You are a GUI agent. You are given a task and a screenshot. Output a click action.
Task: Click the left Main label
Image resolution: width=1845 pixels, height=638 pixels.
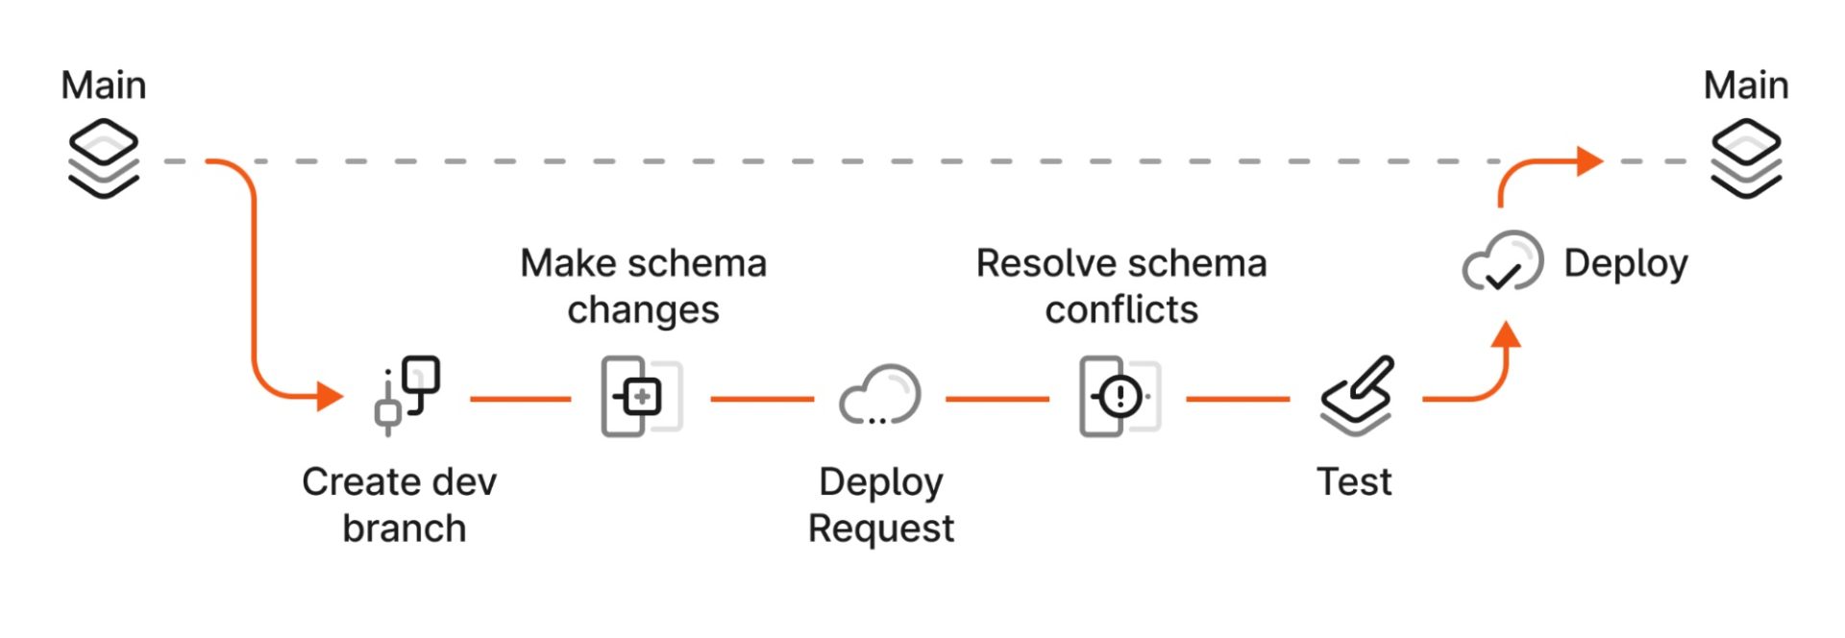(x=104, y=86)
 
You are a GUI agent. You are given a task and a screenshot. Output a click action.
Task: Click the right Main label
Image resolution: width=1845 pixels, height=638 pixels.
(x=1746, y=86)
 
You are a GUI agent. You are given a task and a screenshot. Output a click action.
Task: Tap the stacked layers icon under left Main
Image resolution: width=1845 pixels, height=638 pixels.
(x=104, y=159)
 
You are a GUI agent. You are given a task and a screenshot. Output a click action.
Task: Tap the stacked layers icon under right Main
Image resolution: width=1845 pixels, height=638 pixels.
(x=1746, y=159)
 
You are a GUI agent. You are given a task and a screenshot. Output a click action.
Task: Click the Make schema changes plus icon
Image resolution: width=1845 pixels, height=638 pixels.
(x=641, y=396)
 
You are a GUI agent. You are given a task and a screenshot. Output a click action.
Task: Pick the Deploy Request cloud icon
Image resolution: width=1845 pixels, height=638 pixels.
(x=880, y=395)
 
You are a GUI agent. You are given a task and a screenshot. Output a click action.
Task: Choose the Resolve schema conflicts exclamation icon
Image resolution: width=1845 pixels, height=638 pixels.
(x=1119, y=396)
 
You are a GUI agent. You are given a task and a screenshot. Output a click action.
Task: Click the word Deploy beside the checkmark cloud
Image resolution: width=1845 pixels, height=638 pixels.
(x=1626, y=263)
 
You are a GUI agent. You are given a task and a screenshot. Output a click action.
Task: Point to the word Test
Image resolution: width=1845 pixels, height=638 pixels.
(x=1354, y=481)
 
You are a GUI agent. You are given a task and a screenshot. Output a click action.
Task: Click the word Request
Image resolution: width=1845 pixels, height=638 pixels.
(x=881, y=529)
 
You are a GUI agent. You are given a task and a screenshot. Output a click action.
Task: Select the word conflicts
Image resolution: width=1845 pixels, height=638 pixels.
(x=1121, y=310)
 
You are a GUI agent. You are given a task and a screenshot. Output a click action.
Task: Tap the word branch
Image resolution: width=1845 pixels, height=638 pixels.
(x=405, y=528)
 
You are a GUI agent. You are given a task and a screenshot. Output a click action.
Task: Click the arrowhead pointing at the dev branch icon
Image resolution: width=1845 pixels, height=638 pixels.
(x=331, y=396)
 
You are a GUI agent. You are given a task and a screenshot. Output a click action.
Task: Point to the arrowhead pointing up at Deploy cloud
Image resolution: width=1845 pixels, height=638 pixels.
(x=1507, y=334)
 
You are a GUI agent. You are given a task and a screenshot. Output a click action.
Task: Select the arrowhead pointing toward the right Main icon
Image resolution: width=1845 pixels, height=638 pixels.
(x=1590, y=161)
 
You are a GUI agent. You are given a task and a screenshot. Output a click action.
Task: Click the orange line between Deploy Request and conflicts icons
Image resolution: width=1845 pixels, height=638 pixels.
(x=997, y=398)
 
